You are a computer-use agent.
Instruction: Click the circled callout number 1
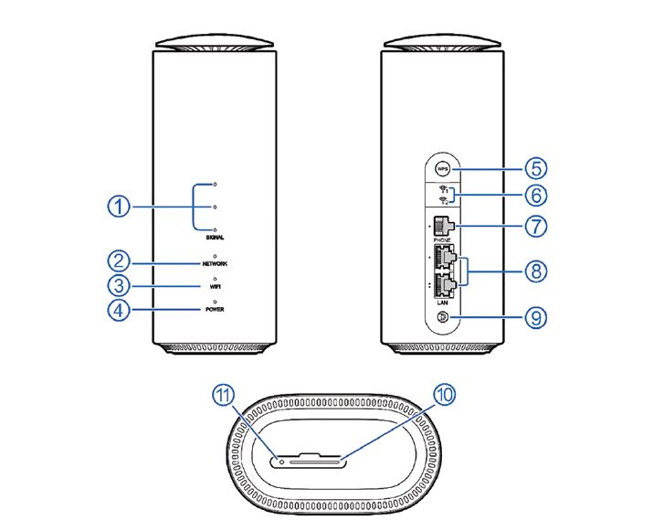(119, 207)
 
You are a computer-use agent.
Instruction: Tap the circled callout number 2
(119, 261)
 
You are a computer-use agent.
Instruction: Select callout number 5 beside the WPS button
(535, 168)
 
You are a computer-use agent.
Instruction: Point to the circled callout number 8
(535, 271)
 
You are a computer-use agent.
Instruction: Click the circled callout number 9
(535, 318)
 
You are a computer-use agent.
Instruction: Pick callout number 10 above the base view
(445, 394)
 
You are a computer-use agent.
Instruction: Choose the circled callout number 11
(224, 394)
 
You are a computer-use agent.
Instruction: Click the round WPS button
(442, 169)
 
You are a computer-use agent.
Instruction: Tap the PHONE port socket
(442, 227)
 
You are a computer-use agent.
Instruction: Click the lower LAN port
(445, 284)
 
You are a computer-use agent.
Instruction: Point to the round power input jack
(443, 318)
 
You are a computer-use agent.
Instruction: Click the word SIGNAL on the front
(215, 238)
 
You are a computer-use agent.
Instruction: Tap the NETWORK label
(215, 264)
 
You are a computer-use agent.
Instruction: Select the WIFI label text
(215, 287)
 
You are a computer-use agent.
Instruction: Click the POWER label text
(215, 309)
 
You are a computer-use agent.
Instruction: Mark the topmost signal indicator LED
(215, 184)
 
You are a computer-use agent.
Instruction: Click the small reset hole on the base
(282, 462)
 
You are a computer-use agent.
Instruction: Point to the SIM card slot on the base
(315, 462)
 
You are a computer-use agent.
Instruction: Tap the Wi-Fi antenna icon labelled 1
(444, 189)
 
